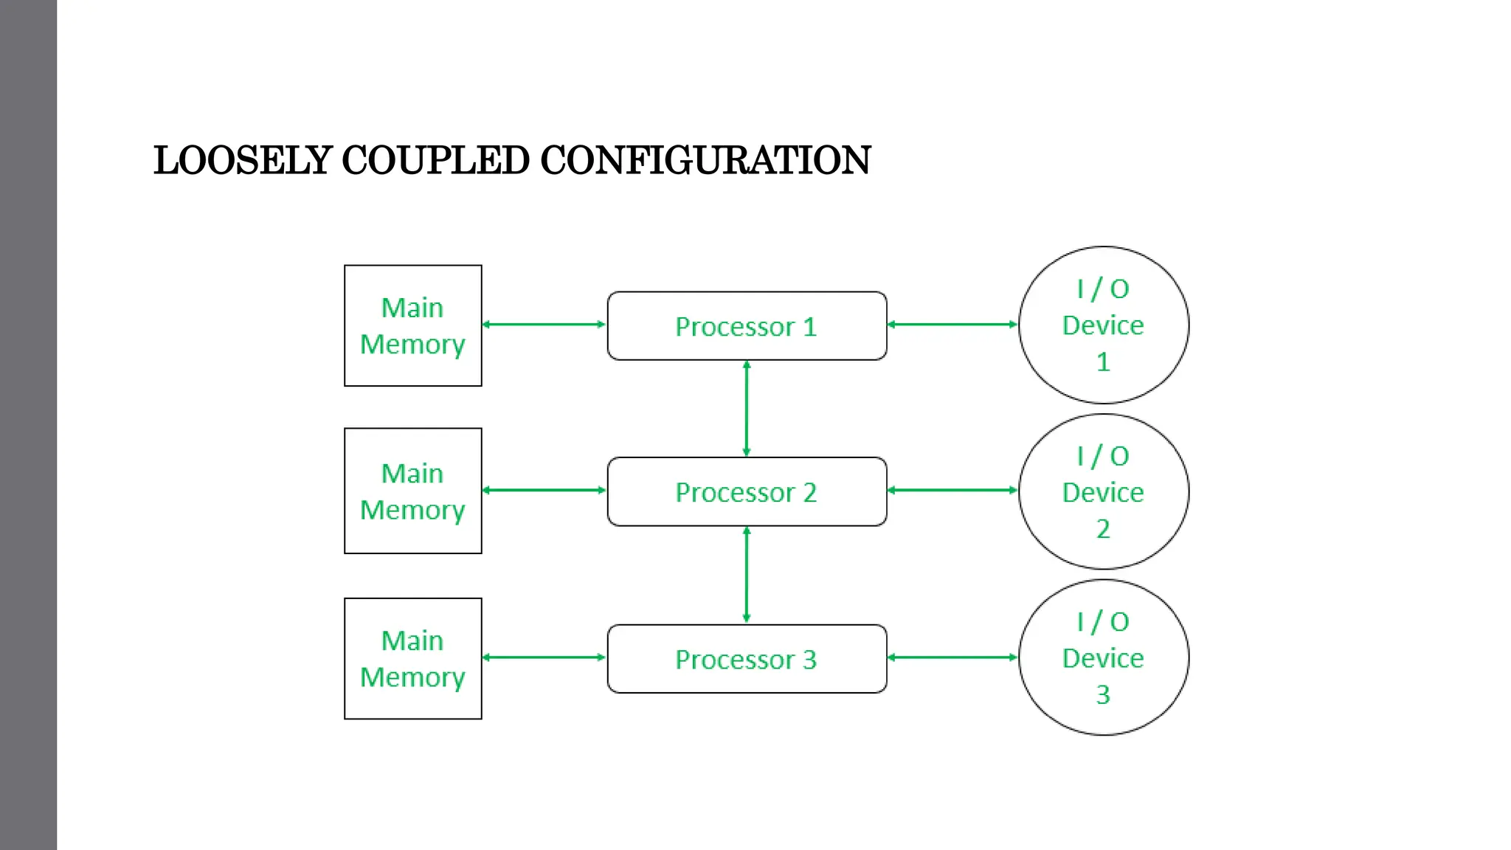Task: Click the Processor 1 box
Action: [x=747, y=326]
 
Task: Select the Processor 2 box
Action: [x=747, y=491]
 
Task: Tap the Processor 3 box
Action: [x=747, y=659]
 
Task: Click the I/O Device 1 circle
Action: [x=1103, y=325]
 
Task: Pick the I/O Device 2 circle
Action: [x=1103, y=491]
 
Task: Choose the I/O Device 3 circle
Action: [x=1103, y=657]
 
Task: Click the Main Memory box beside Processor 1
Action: [x=412, y=325]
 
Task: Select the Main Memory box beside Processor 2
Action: [x=412, y=491]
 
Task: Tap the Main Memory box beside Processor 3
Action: [x=412, y=658]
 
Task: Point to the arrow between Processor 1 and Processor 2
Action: [x=747, y=409]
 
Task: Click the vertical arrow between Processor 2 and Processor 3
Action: [x=747, y=575]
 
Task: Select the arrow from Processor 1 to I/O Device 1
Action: [x=952, y=324]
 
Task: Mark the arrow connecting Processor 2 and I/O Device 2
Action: [x=952, y=490]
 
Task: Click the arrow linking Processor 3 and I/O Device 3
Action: [x=952, y=657]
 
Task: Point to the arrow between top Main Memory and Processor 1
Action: [x=544, y=324]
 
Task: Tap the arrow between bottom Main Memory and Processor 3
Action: [x=544, y=657]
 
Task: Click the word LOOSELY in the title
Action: [x=243, y=160]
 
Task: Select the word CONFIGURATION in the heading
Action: [x=705, y=160]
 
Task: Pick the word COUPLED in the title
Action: [x=435, y=160]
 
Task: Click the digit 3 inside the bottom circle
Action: [x=1103, y=694]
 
